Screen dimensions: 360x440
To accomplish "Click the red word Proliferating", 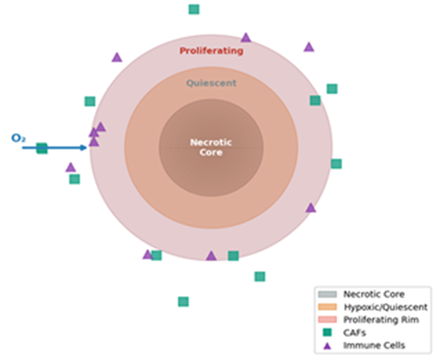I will click(x=211, y=51).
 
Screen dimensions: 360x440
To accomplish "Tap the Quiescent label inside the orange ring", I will click(x=211, y=83).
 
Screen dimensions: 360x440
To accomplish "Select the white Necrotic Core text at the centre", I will click(x=211, y=147).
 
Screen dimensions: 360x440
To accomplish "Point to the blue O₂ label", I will click(x=18, y=138).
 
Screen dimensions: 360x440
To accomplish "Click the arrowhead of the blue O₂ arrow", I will click(x=84, y=148).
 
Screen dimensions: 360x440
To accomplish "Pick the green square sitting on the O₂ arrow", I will click(x=42, y=148).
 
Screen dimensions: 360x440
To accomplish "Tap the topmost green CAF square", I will click(x=194, y=9).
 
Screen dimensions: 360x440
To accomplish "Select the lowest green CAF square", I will click(x=183, y=302).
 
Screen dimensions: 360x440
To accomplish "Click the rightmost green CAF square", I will click(x=337, y=164).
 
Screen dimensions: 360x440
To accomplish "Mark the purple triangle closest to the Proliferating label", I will click(x=246, y=38).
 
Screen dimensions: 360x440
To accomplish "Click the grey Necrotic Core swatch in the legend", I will click(x=327, y=294).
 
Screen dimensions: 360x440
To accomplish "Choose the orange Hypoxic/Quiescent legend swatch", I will click(x=327, y=307).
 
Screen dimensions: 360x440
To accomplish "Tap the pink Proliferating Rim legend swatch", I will click(x=327, y=320).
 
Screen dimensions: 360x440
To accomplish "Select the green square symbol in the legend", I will click(x=327, y=332).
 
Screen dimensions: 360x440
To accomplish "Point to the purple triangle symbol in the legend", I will click(x=327, y=346).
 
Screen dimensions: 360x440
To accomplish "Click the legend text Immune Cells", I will click(x=374, y=346).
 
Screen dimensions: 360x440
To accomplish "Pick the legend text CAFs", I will click(x=355, y=332).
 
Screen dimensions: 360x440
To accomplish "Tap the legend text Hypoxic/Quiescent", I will click(x=385, y=307).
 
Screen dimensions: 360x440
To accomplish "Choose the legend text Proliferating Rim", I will click(x=381, y=320).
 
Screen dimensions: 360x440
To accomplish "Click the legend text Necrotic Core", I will click(x=374, y=294).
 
